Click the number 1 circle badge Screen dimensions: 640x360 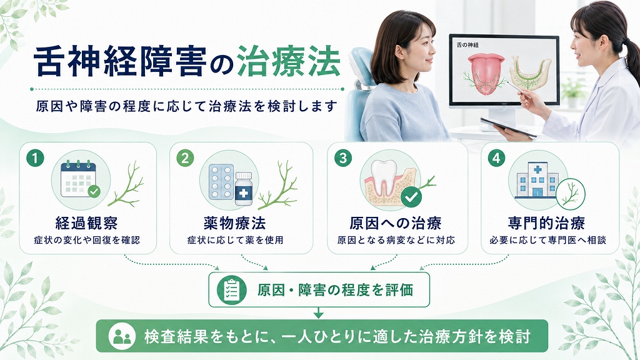click(x=35, y=158)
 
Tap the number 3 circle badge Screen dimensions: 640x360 click(x=343, y=158)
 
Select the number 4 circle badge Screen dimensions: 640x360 click(x=496, y=158)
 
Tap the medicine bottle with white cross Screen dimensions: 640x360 click(x=244, y=189)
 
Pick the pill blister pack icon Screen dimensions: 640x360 click(x=221, y=182)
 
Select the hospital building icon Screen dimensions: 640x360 click(x=537, y=181)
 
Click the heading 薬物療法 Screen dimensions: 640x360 click(x=235, y=223)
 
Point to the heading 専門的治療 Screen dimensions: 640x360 click(x=546, y=223)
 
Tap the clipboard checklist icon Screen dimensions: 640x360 click(x=231, y=290)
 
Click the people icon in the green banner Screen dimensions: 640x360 click(x=122, y=336)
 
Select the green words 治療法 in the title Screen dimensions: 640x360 click(x=289, y=62)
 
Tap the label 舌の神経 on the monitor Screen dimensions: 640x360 click(x=467, y=45)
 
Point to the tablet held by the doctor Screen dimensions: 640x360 click(x=507, y=127)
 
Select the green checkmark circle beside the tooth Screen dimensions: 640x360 click(x=411, y=197)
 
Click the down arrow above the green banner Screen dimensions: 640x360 click(x=318, y=313)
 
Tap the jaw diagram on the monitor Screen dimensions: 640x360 click(x=531, y=74)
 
